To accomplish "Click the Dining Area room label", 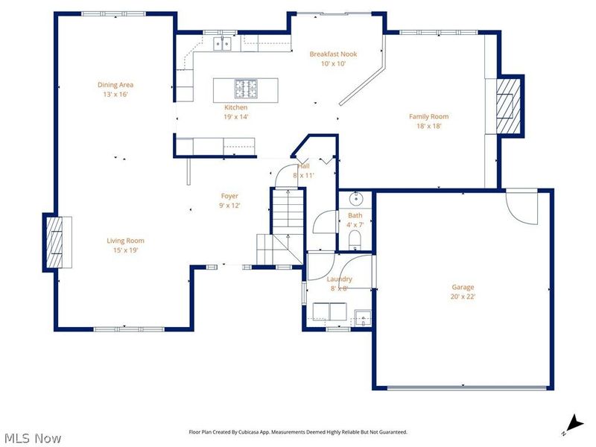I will coord(115,85).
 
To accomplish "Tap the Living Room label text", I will coord(125,241).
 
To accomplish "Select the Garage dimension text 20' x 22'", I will coord(463,297).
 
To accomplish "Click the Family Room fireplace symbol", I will coord(508,106).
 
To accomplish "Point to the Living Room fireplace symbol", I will coord(55,241).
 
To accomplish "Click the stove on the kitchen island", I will coord(247,89).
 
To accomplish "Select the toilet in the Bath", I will coord(355,238).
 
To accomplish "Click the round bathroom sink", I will coord(355,199).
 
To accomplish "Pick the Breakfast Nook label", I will coord(335,54).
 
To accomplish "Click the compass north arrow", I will coord(572,422).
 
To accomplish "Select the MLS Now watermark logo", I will coord(33,438).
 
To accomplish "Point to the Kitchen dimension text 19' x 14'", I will coord(235,117).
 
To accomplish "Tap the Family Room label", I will coord(428,116).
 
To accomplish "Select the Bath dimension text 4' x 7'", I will coord(355,224).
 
